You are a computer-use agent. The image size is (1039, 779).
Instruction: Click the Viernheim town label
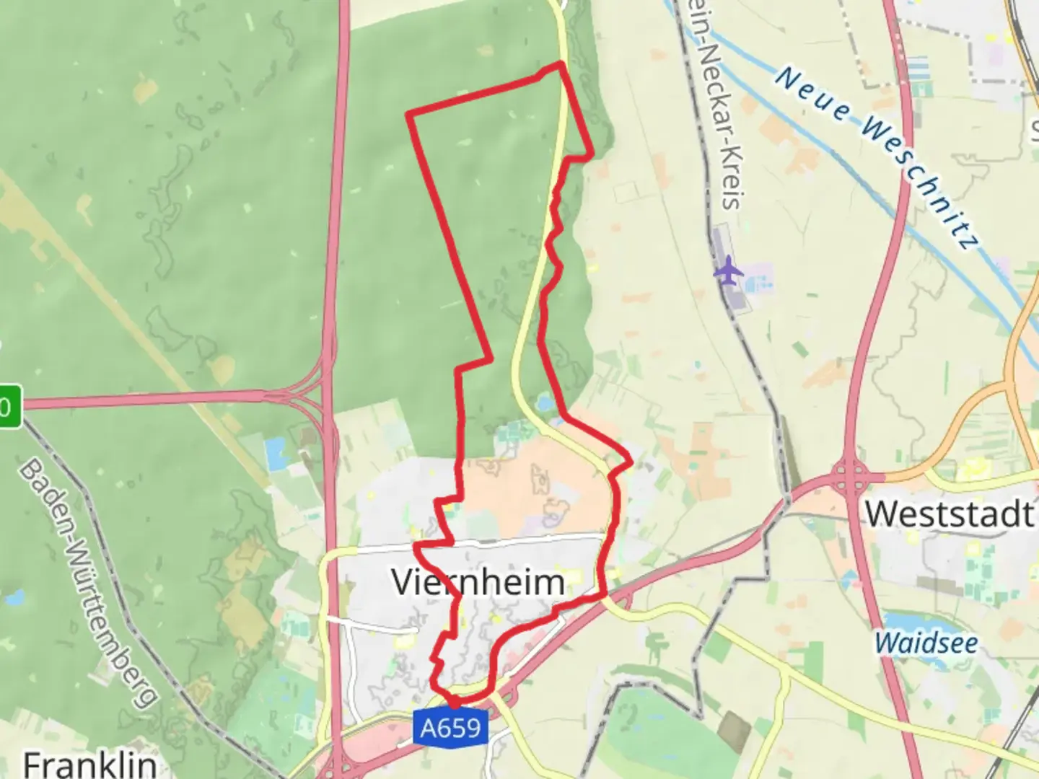478,582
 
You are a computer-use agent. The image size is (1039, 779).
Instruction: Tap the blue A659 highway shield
451,728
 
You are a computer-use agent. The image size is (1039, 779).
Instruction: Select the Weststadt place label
950,514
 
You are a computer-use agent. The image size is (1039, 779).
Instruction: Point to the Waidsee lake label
926,643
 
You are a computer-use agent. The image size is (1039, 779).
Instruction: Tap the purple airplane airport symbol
729,270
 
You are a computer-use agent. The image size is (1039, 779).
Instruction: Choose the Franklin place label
90,764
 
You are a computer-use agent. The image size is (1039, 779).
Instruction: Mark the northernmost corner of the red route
561,64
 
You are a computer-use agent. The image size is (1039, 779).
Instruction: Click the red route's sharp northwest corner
409,114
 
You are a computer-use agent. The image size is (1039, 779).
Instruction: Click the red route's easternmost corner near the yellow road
631,460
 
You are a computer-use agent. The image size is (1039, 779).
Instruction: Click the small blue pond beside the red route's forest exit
545,401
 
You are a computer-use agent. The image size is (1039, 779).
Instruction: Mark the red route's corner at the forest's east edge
592,154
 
